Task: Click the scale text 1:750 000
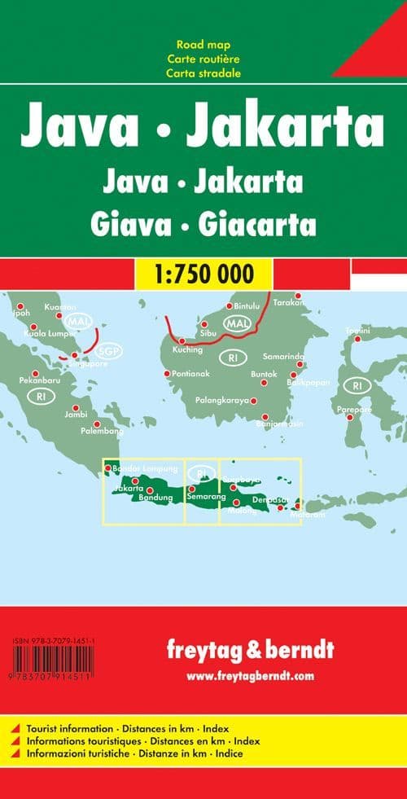(203, 273)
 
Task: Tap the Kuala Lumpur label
(50, 333)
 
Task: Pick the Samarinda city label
(283, 357)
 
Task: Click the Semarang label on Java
(206, 496)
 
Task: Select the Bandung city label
(157, 497)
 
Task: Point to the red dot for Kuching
(182, 341)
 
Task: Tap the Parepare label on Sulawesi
(355, 409)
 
